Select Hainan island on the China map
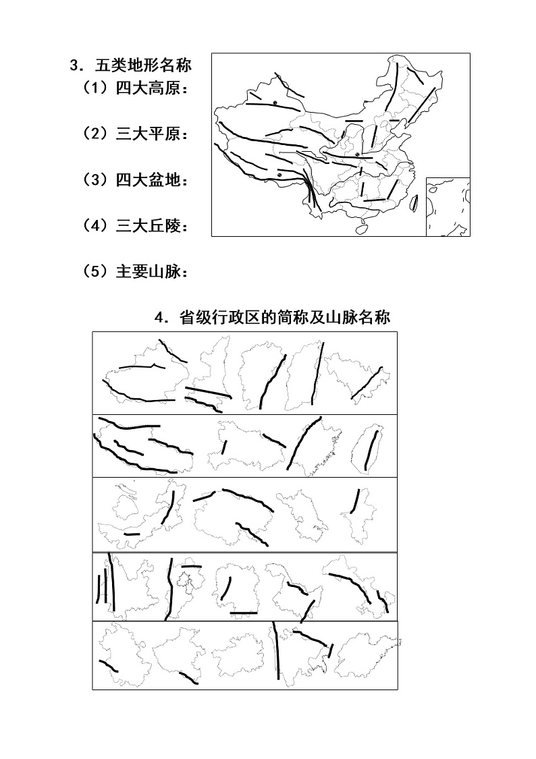click(x=361, y=229)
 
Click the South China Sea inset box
click(x=448, y=207)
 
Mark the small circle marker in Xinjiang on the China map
click(x=275, y=102)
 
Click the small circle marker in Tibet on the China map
click(x=278, y=175)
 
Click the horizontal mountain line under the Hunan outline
click(x=243, y=613)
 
